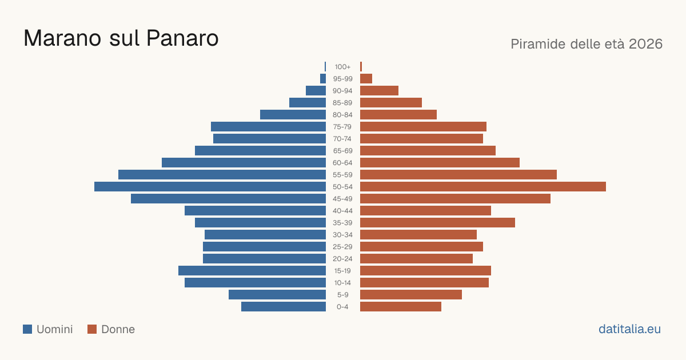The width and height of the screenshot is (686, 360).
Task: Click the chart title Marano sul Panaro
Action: click(x=121, y=38)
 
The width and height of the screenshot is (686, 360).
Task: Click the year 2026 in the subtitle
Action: click(x=645, y=44)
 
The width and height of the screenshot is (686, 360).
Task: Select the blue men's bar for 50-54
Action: click(x=210, y=187)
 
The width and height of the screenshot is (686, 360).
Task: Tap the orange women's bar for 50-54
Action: click(x=483, y=187)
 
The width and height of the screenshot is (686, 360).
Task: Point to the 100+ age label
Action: click(x=342, y=67)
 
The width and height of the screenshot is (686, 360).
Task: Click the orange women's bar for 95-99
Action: click(x=366, y=79)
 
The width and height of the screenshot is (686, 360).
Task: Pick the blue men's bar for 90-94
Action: click(x=316, y=91)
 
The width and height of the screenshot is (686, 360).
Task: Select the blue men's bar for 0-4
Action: click(x=284, y=307)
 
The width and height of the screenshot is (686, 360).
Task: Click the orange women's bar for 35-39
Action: click(x=438, y=222)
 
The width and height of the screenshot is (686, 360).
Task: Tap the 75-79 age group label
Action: click(x=342, y=127)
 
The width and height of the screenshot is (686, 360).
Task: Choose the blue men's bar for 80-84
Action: click(x=293, y=115)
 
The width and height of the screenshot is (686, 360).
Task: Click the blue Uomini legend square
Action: click(x=27, y=329)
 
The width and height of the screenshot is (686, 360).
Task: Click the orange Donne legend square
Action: click(x=92, y=329)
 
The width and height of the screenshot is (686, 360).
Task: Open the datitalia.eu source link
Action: click(x=629, y=329)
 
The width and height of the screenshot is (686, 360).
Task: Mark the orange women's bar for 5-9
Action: click(x=411, y=295)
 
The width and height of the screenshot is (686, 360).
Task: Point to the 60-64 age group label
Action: click(x=342, y=163)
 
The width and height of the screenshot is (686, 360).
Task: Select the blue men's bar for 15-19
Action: click(x=252, y=271)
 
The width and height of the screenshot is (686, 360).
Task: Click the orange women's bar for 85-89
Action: click(x=391, y=102)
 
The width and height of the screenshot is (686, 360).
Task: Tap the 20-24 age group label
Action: click(x=342, y=259)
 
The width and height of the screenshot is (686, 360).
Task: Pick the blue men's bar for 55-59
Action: click(x=222, y=175)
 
